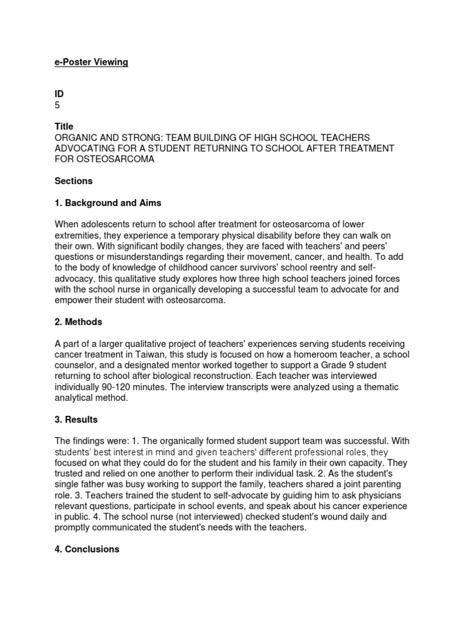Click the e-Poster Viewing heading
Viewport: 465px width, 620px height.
tap(91, 62)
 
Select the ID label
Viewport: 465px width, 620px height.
tap(59, 94)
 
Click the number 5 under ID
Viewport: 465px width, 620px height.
tap(58, 105)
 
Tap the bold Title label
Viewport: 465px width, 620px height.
tap(64, 127)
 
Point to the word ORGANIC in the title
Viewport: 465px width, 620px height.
tap(77, 137)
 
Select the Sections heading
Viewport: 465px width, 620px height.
tap(73, 181)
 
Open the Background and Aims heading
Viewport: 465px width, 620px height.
tap(108, 203)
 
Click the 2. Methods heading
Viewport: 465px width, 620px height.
tap(78, 322)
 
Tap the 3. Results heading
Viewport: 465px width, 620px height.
tap(76, 419)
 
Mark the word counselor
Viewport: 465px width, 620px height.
tap(76, 365)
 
